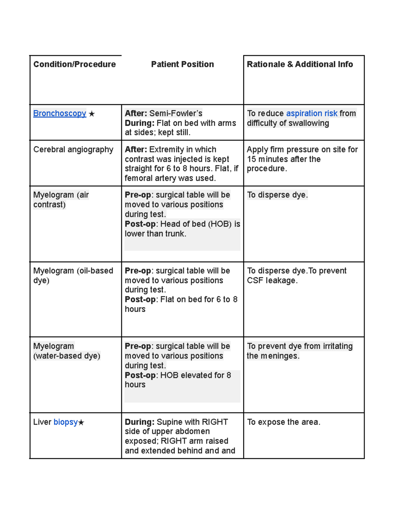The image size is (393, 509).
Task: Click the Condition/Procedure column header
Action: point(74,64)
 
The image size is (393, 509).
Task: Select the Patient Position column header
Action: point(182,64)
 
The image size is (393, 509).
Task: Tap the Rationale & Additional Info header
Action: point(300,64)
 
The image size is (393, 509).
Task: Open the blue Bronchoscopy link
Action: point(60,113)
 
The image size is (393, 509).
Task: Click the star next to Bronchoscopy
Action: point(92,114)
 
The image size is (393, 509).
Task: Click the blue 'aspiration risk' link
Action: point(311,113)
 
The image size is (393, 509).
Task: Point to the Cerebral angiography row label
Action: point(73,149)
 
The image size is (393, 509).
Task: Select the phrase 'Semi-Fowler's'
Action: point(176,113)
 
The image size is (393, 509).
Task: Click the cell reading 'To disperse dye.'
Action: point(277,195)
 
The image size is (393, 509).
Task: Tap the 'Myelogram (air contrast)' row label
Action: point(61,200)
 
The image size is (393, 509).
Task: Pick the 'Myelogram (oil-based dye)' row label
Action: point(73,275)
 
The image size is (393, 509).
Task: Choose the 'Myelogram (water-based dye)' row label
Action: point(66,351)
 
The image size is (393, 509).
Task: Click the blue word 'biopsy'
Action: point(65,422)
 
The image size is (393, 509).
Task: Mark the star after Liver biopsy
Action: point(81,423)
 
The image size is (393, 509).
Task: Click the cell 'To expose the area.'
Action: point(284,422)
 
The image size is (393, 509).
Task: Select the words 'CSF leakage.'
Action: point(272,281)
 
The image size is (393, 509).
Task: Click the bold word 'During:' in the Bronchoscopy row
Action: point(139,123)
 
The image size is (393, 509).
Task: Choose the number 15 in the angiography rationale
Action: point(251,159)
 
